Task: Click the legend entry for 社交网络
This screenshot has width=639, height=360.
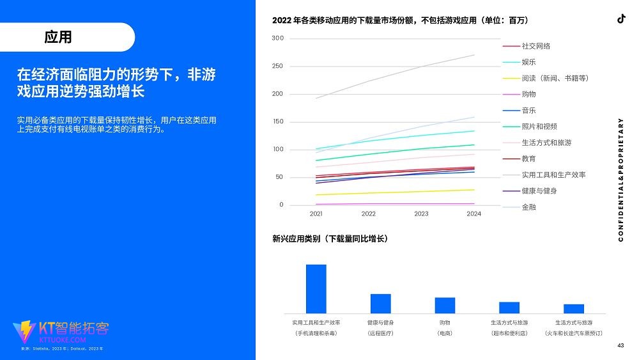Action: (x=535, y=46)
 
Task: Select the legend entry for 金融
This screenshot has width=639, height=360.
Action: (x=528, y=207)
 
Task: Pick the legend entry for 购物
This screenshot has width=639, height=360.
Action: (x=528, y=95)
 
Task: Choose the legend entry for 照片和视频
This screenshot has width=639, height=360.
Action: (x=539, y=127)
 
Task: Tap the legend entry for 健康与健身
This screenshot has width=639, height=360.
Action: (x=539, y=191)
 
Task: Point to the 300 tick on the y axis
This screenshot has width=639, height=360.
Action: (x=277, y=38)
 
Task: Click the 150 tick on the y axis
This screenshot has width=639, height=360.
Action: (x=277, y=121)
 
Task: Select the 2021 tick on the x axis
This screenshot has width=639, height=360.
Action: (x=316, y=214)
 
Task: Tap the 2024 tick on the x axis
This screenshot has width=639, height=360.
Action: (x=473, y=214)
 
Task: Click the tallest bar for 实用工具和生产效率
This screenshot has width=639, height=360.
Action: (x=316, y=288)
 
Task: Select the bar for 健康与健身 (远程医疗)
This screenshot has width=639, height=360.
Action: (x=380, y=303)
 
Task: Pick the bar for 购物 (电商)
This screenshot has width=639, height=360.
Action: (x=445, y=305)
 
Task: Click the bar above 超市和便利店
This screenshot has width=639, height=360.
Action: (x=509, y=308)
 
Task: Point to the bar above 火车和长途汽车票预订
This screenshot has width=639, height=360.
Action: (x=574, y=308)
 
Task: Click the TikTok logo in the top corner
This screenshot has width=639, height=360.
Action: (x=620, y=19)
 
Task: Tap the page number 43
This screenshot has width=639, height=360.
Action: (x=620, y=345)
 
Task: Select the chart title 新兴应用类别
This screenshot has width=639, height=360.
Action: (x=330, y=239)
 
